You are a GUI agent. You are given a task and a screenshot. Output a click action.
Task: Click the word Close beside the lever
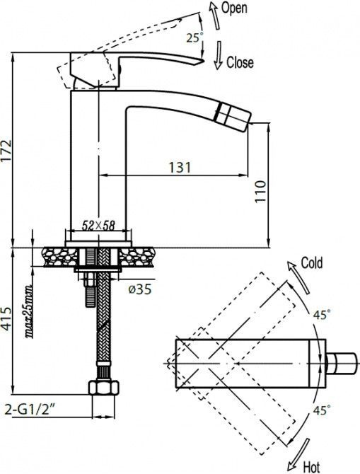pos(240,62)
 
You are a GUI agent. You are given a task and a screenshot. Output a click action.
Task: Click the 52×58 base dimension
pos(98,226)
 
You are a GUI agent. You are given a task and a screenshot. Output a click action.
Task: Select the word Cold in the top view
pos(311,263)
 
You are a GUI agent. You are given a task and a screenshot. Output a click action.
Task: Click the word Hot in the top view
pos(312,466)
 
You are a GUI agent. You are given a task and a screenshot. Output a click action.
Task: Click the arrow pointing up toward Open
pos(213,12)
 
